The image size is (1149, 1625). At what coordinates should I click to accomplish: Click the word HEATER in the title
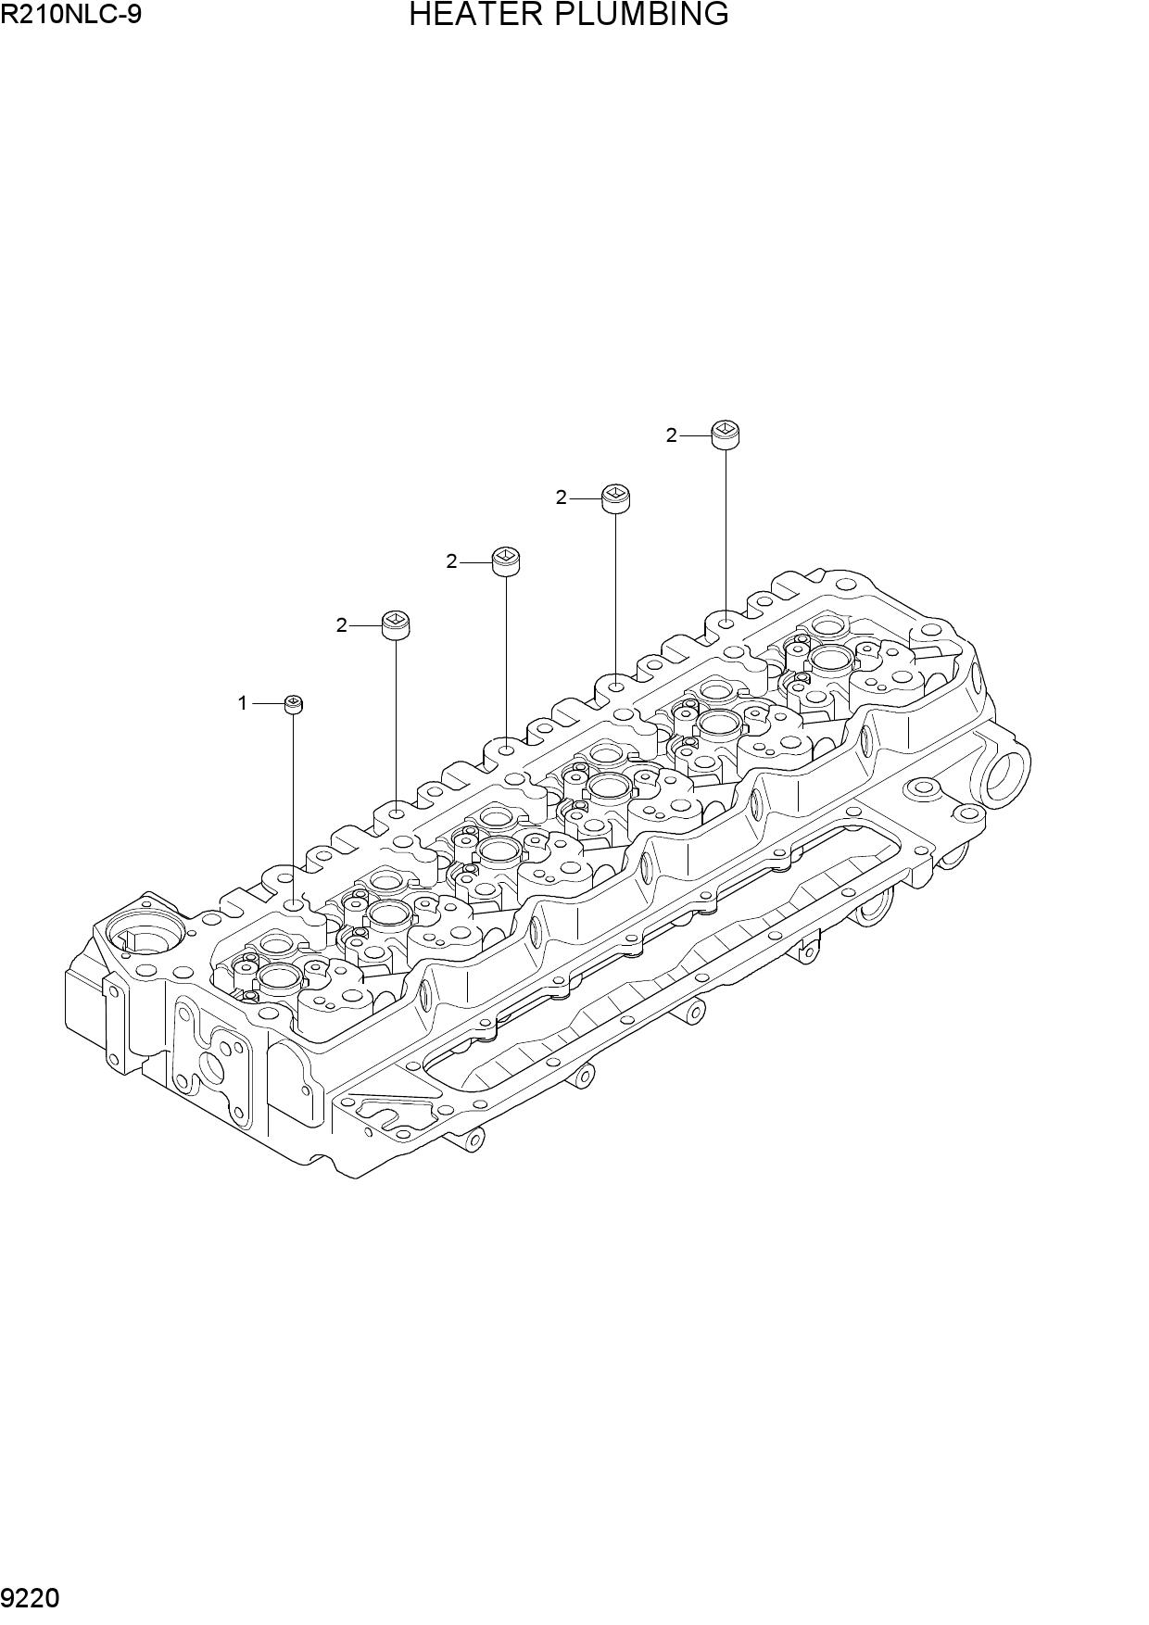(469, 15)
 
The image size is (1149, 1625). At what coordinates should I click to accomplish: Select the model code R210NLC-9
(71, 14)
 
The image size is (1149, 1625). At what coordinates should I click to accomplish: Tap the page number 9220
(32, 1598)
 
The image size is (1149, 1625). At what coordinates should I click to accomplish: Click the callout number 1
(243, 703)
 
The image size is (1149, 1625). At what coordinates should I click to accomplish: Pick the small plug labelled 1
(294, 705)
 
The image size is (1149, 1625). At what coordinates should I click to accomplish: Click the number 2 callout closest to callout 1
(341, 625)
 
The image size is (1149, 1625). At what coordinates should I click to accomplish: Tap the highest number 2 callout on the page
(671, 435)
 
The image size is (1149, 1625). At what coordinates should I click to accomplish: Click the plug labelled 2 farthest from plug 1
(726, 434)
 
